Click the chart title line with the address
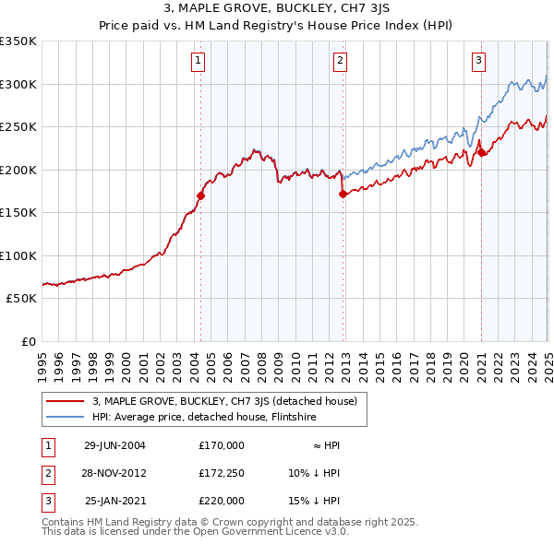277,9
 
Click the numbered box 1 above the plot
199,62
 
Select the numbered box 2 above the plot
340,62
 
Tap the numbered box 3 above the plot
479,62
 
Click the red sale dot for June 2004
200,195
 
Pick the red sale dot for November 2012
343,194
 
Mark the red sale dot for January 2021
481,153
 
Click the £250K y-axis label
19,127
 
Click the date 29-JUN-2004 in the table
114,445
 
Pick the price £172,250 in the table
222,473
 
